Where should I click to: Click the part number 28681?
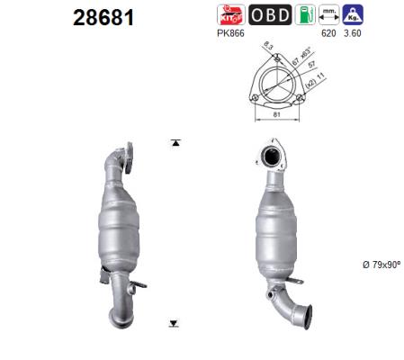point(103,18)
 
